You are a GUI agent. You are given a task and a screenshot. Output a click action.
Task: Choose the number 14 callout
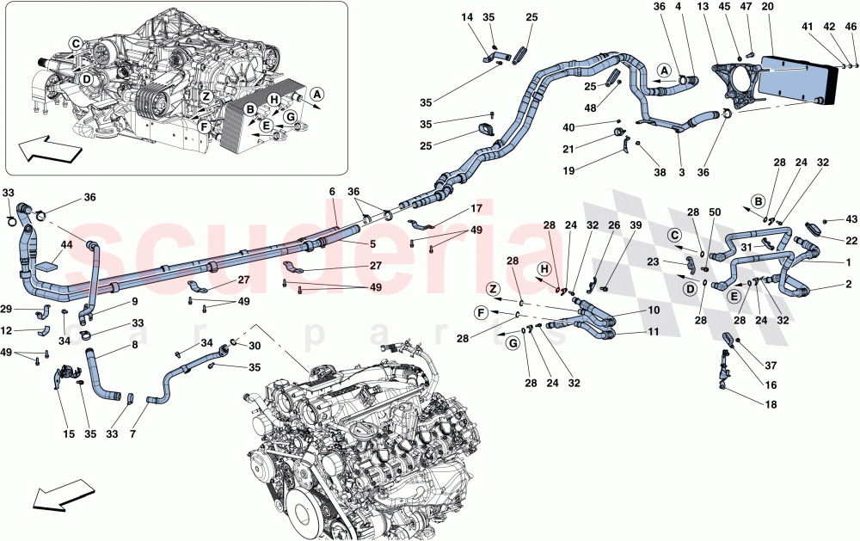(467, 18)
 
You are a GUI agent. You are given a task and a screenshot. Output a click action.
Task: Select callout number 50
(716, 212)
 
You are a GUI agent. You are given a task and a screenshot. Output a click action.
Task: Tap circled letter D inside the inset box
(86, 79)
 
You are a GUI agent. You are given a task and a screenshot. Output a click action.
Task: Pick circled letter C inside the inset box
(76, 42)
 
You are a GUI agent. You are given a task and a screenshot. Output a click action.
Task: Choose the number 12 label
(6, 331)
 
